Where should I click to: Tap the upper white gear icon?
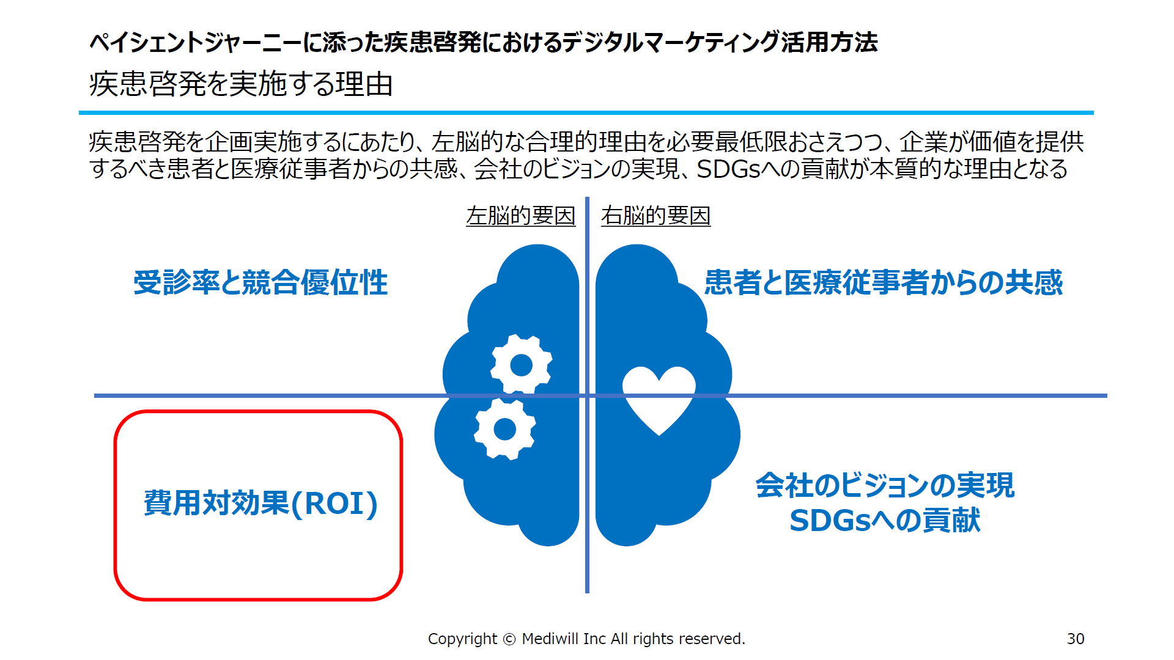click(522, 365)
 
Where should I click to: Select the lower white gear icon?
click(505, 429)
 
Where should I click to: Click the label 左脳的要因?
click(521, 216)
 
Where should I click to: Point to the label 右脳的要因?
click(655, 216)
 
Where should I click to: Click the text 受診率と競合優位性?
click(260, 282)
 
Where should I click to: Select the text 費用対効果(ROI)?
click(260, 504)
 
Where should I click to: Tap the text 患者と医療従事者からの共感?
click(884, 282)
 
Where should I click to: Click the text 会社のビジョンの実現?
click(885, 485)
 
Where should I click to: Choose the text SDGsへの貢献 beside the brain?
click(885, 521)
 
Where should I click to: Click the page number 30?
click(1076, 639)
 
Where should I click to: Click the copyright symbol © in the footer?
click(509, 639)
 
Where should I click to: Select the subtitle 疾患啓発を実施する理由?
click(241, 84)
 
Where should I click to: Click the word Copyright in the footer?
click(462, 639)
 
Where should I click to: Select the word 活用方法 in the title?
click(829, 42)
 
